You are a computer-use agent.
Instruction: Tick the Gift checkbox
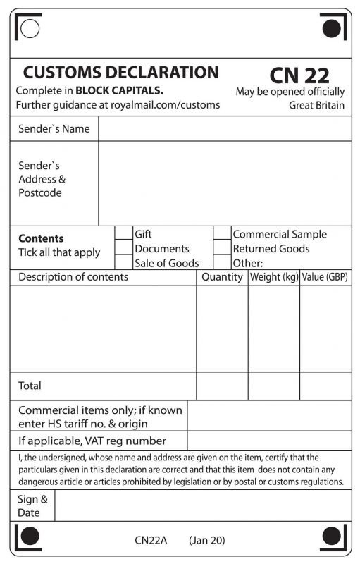pyautogui.click(x=123, y=233)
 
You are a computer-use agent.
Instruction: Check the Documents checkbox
pyautogui.click(x=123, y=247)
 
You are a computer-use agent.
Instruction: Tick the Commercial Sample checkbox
pyautogui.click(x=222, y=233)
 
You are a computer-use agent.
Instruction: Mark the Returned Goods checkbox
pyautogui.click(x=222, y=247)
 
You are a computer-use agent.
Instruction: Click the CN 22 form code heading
pyautogui.click(x=299, y=75)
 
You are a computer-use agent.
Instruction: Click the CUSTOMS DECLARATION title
pyautogui.click(x=120, y=72)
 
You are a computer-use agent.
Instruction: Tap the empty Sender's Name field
pyautogui.click(x=224, y=129)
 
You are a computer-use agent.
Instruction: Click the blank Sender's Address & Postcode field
pyautogui.click(x=224, y=183)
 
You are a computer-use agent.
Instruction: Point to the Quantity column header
pyautogui.click(x=222, y=277)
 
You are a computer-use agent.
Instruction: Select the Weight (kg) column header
pyautogui.click(x=274, y=277)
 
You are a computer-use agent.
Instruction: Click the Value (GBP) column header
pyautogui.click(x=325, y=277)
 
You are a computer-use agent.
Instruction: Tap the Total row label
pyautogui.click(x=30, y=386)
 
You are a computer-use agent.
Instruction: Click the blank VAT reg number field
pyautogui.click(x=268, y=441)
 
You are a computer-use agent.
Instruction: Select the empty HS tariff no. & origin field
pyautogui.click(x=268, y=416)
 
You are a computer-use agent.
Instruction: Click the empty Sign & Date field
pyautogui.click(x=202, y=505)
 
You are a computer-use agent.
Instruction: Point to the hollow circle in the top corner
pyautogui.click(x=30, y=28)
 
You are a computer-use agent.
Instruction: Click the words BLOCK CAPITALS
pyautogui.click(x=119, y=90)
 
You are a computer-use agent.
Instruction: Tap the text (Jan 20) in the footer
pyautogui.click(x=207, y=540)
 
